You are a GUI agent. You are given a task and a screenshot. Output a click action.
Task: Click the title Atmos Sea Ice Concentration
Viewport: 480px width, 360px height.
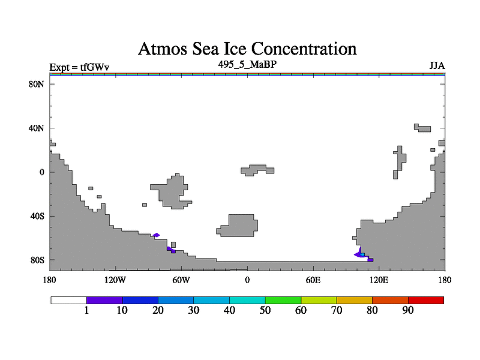pos(247,48)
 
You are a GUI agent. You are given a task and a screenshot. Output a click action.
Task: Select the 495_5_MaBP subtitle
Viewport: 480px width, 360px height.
pos(247,64)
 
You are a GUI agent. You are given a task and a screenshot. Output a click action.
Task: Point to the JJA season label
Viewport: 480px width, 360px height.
pos(437,66)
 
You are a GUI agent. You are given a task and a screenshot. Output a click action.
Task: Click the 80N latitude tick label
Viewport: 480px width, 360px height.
pos(37,84)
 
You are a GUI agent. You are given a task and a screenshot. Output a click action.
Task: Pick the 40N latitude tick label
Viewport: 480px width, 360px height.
pos(37,128)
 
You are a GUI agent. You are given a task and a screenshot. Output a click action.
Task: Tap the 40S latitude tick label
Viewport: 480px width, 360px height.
pos(37,216)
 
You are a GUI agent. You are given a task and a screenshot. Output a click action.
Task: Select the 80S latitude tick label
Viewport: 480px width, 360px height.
pos(37,260)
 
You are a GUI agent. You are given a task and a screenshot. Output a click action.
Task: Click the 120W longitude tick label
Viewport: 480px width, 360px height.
pos(115,280)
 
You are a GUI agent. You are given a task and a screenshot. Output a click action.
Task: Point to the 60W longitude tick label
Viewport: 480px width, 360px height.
pos(181,280)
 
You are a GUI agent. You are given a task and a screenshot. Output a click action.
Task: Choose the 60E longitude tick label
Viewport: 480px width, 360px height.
pos(313,280)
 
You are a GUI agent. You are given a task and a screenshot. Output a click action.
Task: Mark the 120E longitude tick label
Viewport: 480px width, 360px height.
pos(379,280)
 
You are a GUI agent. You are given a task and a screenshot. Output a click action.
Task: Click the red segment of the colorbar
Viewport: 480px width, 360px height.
pos(426,300)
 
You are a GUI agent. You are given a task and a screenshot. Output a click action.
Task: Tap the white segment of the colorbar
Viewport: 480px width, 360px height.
pos(68,300)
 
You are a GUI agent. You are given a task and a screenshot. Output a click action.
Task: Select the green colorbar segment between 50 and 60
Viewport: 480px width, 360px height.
pos(283,300)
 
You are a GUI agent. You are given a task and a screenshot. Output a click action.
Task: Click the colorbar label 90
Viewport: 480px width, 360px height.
pos(408,310)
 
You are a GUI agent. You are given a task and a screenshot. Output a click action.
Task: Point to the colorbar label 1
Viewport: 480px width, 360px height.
pos(87,310)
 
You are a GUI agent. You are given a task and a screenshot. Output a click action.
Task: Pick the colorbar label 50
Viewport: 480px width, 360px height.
pos(265,310)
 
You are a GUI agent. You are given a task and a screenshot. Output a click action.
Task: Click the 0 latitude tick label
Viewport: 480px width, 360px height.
pos(41,172)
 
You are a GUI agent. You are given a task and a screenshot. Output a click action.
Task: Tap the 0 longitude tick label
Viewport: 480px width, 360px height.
pos(247,280)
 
